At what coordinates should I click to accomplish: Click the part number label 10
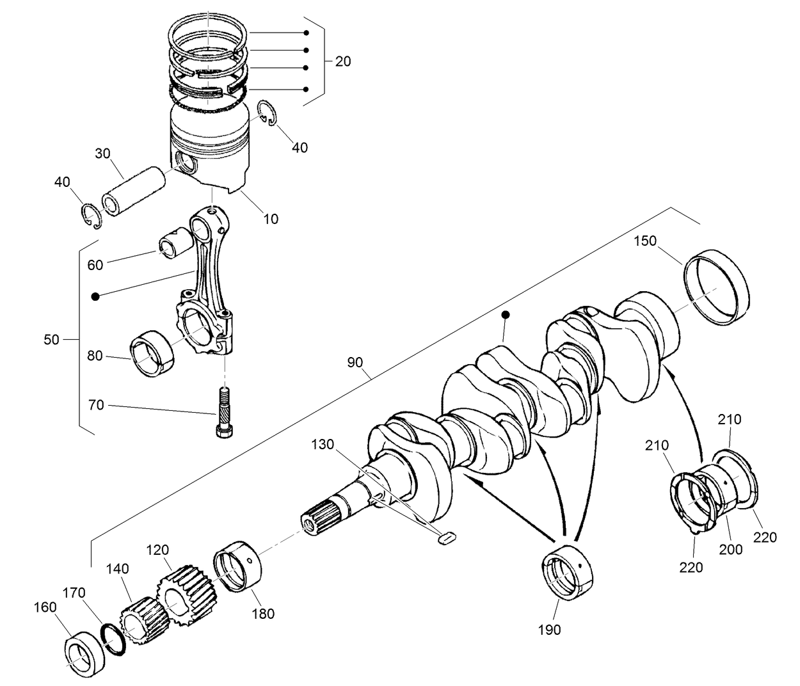coord(271,219)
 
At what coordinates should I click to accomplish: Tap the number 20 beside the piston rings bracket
coord(343,61)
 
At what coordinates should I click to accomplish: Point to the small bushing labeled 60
coord(174,246)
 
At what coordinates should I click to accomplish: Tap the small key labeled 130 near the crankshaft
coord(445,539)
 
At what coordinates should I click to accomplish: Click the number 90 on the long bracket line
coord(355,362)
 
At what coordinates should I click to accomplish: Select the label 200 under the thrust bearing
coord(730,549)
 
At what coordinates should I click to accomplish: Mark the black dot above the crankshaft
coord(505,315)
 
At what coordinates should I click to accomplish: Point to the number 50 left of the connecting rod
coord(51,339)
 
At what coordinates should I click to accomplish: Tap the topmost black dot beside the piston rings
coord(307,33)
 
